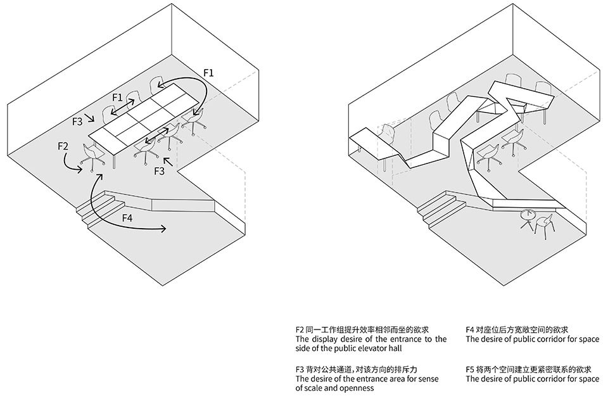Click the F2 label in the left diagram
point(63,146)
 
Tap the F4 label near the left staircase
point(127,218)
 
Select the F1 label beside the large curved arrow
point(208,73)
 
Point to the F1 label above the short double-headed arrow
point(117,98)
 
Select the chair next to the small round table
point(545,224)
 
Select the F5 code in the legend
point(471,369)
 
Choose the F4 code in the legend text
point(471,329)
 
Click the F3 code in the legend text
point(301,369)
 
